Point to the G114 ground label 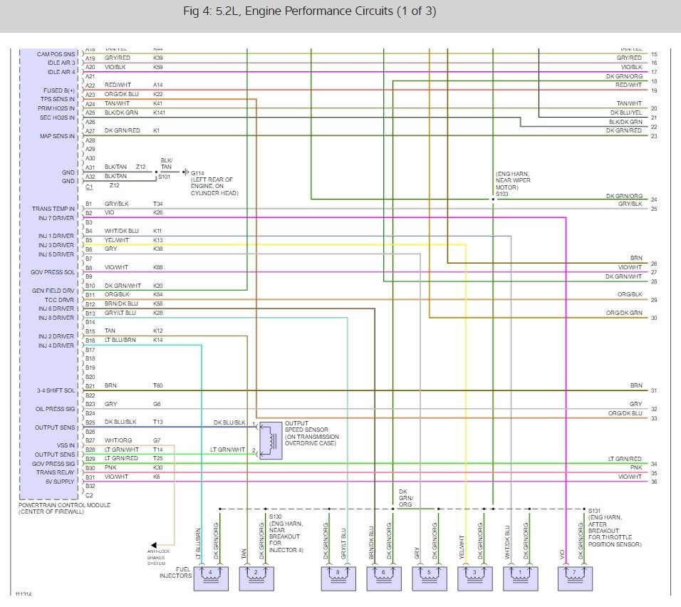pos(197,172)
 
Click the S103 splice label pos(502,193)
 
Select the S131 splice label pos(596,511)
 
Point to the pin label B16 pos(90,341)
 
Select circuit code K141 pos(159,113)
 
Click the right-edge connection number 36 pos(654,482)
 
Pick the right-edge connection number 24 pos(654,199)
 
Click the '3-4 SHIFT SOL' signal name pos(56,391)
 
